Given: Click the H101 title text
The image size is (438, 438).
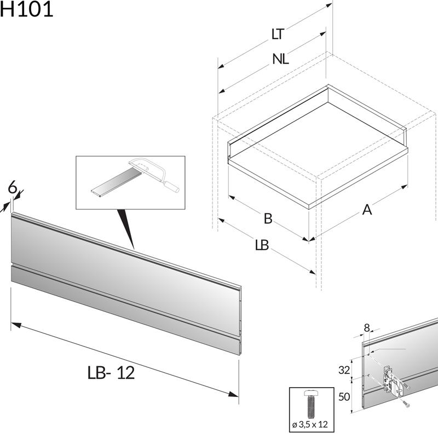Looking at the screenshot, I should tap(26, 9).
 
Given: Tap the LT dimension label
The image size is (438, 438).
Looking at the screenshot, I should tap(278, 34).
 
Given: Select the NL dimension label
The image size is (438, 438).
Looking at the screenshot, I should tap(280, 60).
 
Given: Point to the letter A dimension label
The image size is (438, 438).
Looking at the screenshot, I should tap(366, 209).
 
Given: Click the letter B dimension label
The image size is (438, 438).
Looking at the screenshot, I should tap(268, 218).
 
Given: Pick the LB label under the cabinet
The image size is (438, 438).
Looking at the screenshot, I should tap(262, 245).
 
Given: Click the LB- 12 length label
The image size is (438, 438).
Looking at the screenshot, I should tap(111, 373).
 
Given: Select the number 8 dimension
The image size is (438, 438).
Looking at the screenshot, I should tap(367, 327).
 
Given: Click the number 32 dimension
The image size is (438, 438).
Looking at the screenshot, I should tap(344, 370).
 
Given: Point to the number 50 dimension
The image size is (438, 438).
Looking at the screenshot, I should tap(344, 397).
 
